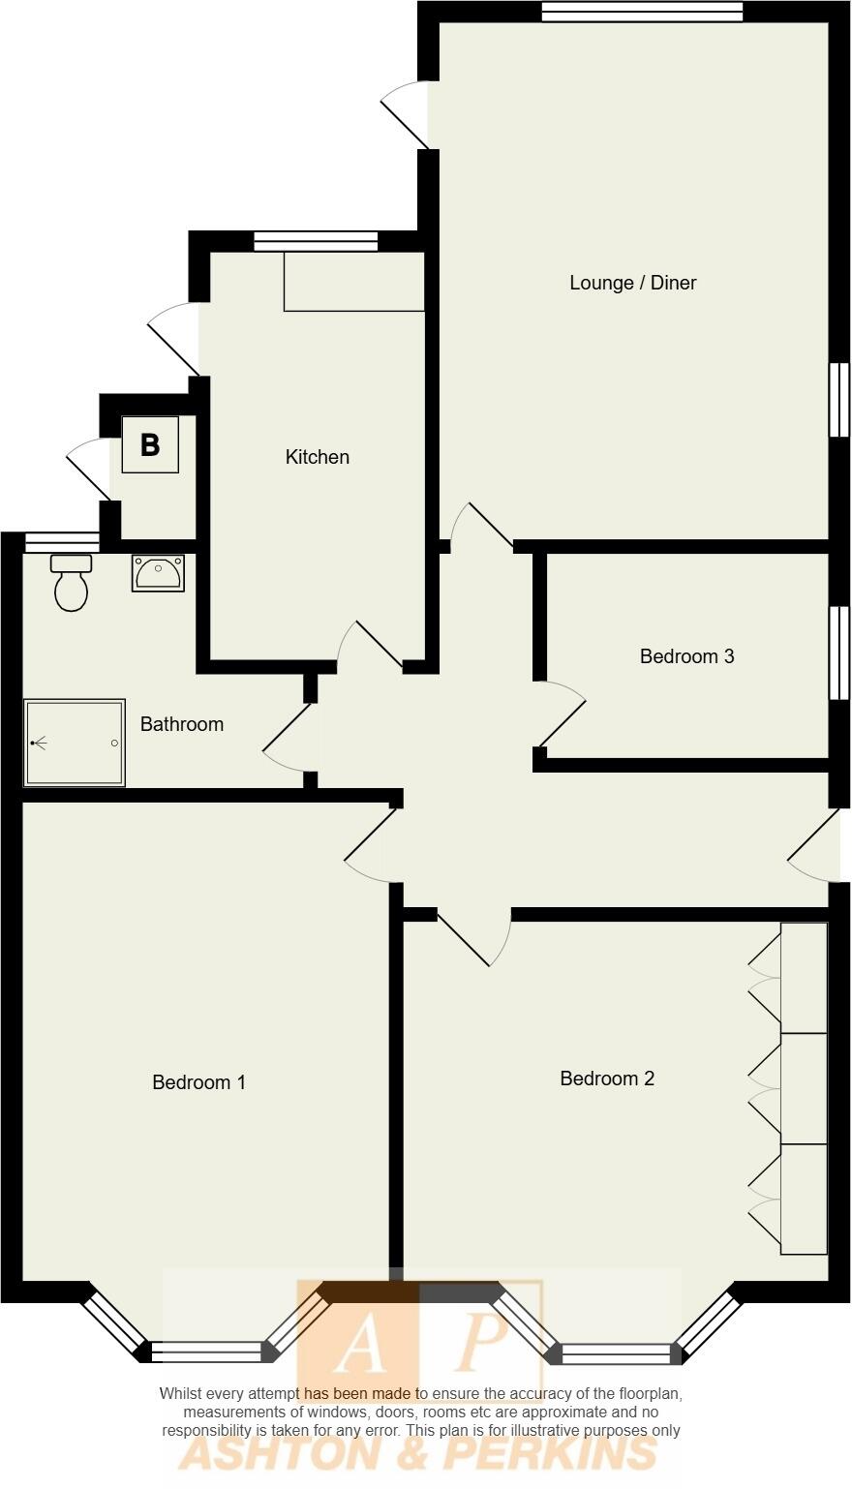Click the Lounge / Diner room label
tap(632, 283)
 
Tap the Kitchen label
tap(317, 457)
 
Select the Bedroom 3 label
tap(686, 656)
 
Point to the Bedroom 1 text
tap(198, 1082)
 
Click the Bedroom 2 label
tap(607, 1079)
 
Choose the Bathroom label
tap(181, 724)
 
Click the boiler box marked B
tap(150, 444)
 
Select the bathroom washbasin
tap(158, 573)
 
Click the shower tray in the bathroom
tap(75, 743)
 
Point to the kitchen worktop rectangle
tap(353, 282)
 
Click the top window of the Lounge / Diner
tap(642, 12)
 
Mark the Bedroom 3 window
tap(838, 653)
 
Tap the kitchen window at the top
tap(316, 241)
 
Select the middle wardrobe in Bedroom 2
tap(804, 1088)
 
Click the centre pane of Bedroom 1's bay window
tap(206, 1352)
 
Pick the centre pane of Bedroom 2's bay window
tap(616, 1353)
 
